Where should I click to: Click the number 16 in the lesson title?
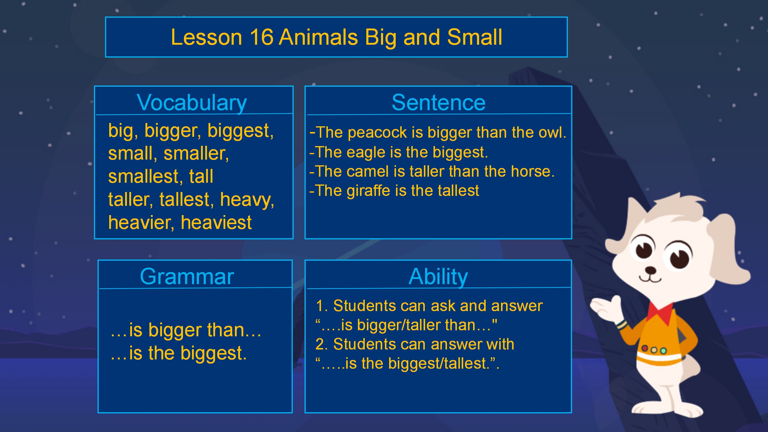pos(261,37)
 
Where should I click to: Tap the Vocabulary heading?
pos(192,103)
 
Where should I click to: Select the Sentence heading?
pos(439,103)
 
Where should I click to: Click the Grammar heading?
pos(187,276)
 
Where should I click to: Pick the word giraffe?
pos(369,191)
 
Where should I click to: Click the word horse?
pos(532,172)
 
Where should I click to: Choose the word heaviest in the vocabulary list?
pos(216,223)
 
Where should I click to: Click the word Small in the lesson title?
pos(475,37)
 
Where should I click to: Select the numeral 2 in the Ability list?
pos(319,344)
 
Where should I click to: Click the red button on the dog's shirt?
pos(644,348)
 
